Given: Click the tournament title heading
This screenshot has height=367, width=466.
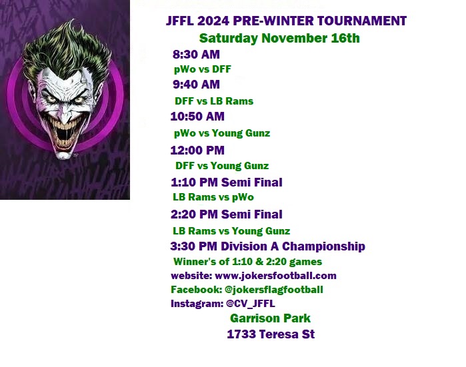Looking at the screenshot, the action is tap(286, 21).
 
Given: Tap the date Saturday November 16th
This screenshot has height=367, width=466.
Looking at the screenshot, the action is tap(279, 39).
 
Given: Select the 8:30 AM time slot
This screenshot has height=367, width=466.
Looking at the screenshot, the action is tap(196, 55).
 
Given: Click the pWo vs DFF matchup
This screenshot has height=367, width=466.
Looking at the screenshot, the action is tap(203, 69).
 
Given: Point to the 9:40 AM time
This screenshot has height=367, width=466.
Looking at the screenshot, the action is tap(196, 85).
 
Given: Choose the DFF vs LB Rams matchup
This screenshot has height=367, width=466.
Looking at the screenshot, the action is tap(214, 101).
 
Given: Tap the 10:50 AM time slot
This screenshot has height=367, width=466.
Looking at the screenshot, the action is tap(197, 117).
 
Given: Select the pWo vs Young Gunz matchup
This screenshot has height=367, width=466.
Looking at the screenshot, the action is tap(222, 133).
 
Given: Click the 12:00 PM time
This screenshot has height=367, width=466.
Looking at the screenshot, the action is tap(197, 151).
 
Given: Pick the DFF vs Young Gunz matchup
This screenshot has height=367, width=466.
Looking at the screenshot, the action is tap(222, 166).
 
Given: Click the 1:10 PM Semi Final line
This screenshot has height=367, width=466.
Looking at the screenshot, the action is tap(227, 183).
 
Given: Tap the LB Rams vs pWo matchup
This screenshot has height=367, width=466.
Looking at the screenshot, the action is tap(213, 197).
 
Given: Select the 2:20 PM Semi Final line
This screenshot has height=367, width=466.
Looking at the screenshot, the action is tap(227, 214).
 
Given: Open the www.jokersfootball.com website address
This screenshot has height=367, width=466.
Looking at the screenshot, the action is tap(275, 276).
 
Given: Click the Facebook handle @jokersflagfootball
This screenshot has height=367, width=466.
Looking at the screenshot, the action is tap(274, 290).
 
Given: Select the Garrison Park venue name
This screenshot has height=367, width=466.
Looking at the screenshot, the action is tap(270, 318).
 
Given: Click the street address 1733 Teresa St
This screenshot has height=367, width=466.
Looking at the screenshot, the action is tap(271, 334).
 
